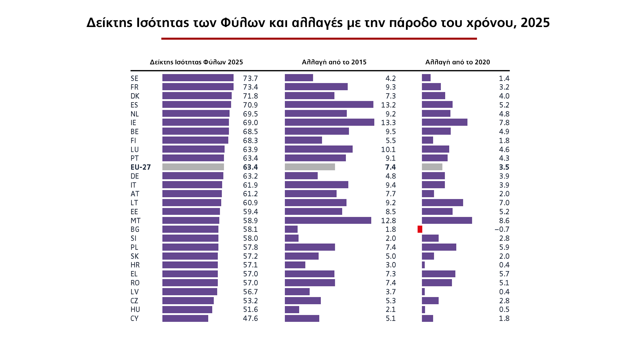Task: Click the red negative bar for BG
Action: [420, 229]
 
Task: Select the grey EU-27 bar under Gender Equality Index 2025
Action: [193, 167]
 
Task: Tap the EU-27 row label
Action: [140, 167]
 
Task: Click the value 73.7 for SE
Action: [250, 78]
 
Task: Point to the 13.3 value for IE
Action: [388, 123]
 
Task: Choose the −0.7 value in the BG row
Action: [502, 229]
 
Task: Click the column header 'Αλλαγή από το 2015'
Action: [334, 62]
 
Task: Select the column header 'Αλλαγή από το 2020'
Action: [457, 62]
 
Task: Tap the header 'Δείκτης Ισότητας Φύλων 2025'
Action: [196, 62]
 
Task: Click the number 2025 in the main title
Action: [535, 23]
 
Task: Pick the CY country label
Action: [134, 318]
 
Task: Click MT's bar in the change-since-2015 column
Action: [328, 220]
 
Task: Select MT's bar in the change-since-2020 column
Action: [447, 220]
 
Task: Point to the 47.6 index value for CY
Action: [250, 318]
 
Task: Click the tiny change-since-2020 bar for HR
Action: [423, 265]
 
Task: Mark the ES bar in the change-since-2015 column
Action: [329, 105]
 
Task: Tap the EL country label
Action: [134, 274]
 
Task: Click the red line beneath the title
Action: [319, 39]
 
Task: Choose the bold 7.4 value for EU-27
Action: [390, 167]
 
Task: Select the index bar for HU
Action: [187, 310]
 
